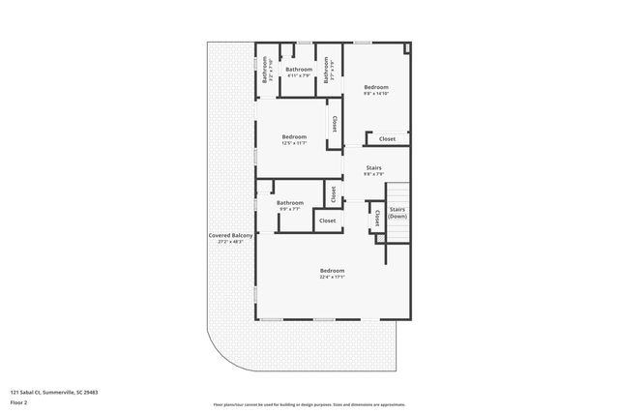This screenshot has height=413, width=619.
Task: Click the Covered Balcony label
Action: coord(230,236)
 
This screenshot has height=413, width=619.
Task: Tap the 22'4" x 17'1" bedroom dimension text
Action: coord(332,277)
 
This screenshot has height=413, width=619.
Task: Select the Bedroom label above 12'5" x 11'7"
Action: coord(294,136)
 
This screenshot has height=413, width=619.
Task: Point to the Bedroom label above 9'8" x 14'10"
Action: coord(376,87)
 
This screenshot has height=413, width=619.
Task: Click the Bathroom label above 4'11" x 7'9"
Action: coord(299,70)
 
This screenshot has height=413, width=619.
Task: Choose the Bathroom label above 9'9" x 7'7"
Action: coord(289,202)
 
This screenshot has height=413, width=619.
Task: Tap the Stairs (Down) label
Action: coord(397,212)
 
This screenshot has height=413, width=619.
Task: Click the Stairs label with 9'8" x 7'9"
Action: coord(373,168)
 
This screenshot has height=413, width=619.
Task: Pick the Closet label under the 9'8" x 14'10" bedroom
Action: coord(387,139)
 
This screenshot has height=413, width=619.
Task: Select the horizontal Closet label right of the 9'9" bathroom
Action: coord(328,221)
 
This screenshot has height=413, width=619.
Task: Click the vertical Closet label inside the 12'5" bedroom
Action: coord(335,125)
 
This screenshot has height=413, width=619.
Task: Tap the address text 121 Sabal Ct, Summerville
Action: coord(54,392)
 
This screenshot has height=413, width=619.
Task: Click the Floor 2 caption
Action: coord(19,401)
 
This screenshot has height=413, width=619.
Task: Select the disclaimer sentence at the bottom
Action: coord(309,404)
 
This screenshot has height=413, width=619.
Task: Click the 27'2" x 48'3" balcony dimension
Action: coord(230,242)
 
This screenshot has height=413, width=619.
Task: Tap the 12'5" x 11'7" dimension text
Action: coord(294,143)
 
